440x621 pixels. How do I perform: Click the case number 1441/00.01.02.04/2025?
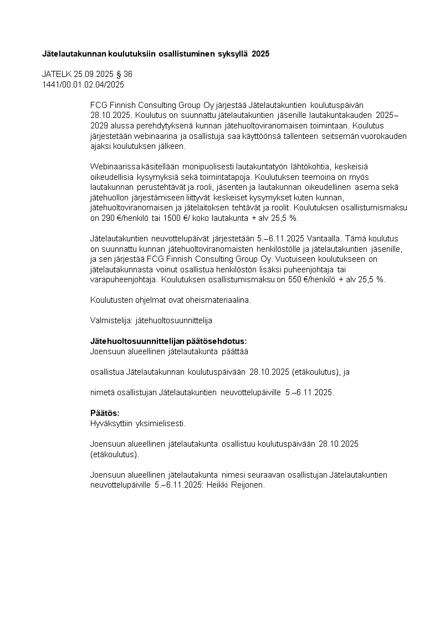pyautogui.click(x=83, y=84)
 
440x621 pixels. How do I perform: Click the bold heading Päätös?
pyautogui.click(x=105, y=413)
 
